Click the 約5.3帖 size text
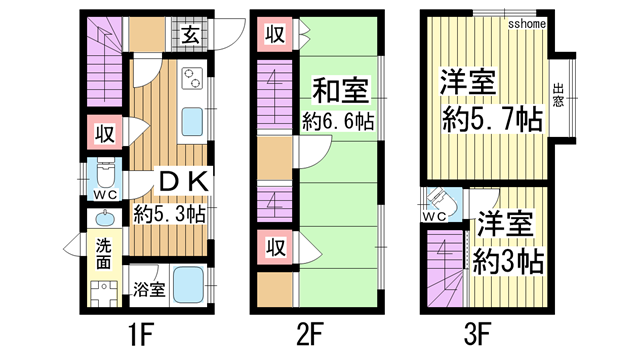click(170, 212)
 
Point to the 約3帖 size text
click(509, 262)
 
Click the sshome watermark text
click(526, 21)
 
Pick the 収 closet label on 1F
click(102, 131)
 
